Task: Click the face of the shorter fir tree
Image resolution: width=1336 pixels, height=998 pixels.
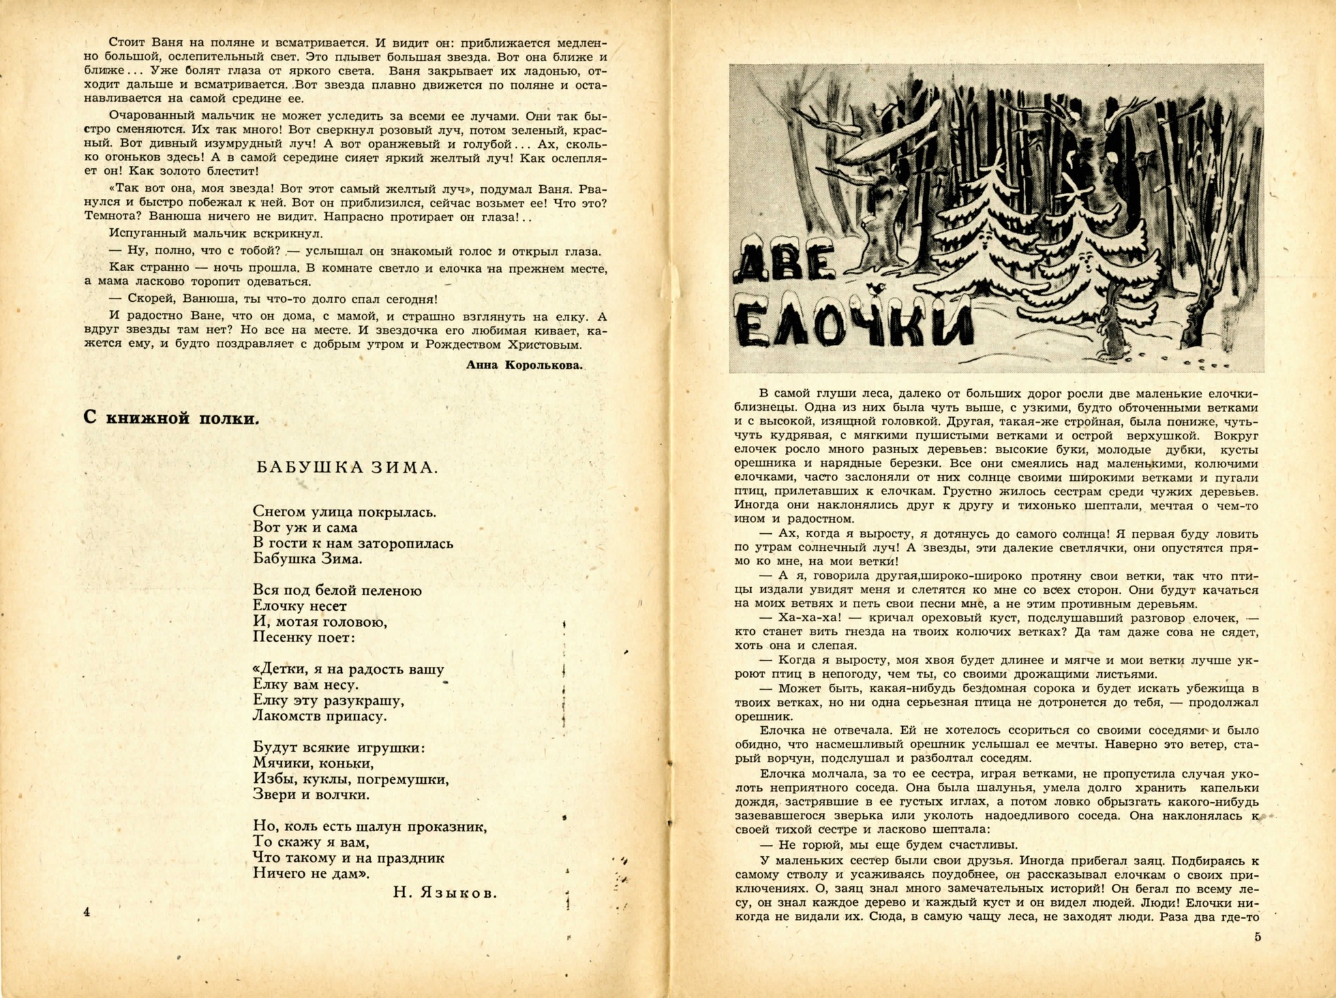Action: click(1085, 259)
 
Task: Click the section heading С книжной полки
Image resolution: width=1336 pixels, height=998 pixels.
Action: click(172, 418)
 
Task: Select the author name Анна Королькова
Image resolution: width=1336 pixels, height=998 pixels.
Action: click(524, 365)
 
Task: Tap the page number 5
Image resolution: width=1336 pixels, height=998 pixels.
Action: click(1257, 937)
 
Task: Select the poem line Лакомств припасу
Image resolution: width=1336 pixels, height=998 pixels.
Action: click(320, 716)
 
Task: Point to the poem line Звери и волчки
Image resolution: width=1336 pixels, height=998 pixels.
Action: click(311, 795)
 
